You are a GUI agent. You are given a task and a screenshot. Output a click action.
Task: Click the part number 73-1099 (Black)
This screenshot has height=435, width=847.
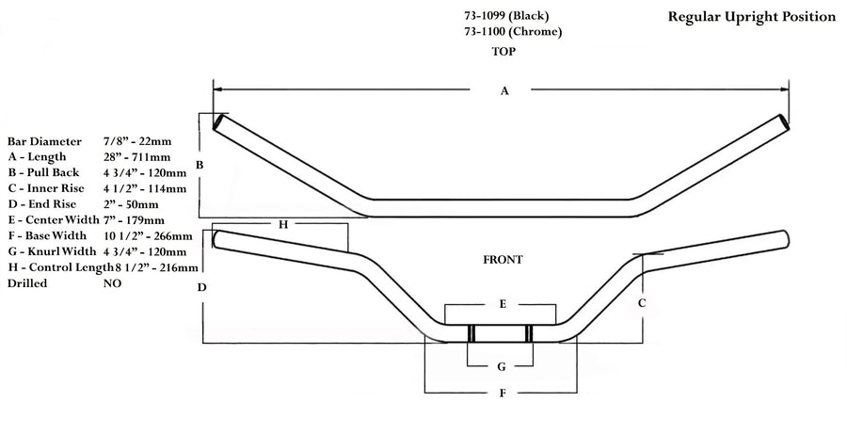click(506, 15)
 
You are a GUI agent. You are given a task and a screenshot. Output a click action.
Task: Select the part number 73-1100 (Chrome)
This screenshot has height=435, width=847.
click(513, 31)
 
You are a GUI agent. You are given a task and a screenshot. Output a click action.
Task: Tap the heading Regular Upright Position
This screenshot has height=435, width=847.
click(751, 16)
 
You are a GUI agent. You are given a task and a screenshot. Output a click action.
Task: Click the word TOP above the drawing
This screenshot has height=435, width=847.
click(503, 52)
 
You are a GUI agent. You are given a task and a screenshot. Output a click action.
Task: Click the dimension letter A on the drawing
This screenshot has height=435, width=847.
click(504, 90)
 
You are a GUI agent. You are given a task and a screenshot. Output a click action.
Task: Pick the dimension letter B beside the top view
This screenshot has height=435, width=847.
click(199, 166)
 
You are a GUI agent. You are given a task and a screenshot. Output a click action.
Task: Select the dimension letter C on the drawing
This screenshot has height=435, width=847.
click(642, 303)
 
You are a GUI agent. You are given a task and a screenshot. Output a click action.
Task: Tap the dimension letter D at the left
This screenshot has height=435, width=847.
click(201, 286)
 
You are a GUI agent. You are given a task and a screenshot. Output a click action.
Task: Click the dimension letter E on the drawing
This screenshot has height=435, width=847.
click(503, 304)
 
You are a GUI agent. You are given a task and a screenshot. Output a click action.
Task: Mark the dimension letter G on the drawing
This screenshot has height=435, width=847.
click(502, 365)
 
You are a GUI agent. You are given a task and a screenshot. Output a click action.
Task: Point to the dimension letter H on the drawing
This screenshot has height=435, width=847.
click(281, 224)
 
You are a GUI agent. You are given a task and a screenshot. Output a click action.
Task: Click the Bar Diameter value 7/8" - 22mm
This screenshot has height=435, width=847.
click(137, 140)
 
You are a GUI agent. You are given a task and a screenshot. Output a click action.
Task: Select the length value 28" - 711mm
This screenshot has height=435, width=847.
click(137, 156)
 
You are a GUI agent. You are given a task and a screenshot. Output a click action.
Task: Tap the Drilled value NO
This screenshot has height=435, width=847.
click(112, 282)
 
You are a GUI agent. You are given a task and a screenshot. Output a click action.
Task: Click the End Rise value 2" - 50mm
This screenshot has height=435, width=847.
click(132, 203)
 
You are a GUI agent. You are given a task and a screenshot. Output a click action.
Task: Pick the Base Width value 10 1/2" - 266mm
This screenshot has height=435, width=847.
click(148, 235)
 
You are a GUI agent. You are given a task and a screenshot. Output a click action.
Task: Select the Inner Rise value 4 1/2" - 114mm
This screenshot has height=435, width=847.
click(146, 187)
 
